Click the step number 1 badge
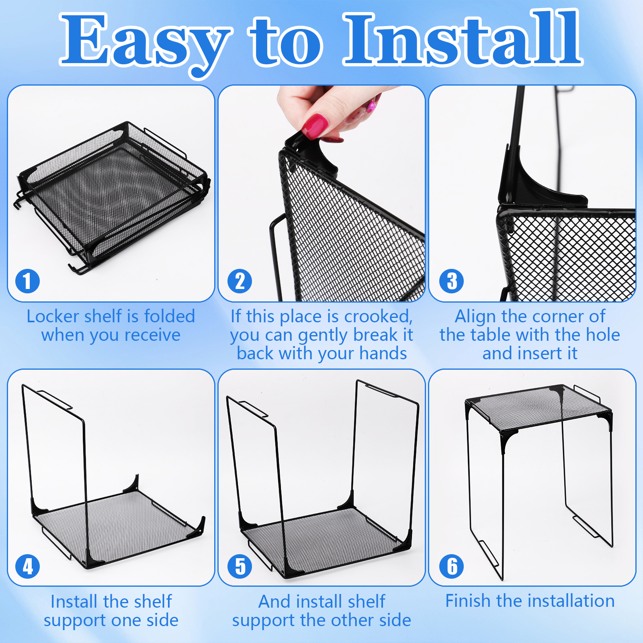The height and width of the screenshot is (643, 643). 27,281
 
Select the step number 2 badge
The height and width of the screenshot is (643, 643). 240,281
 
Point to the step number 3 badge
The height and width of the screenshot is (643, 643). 452,281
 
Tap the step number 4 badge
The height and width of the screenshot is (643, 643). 27,566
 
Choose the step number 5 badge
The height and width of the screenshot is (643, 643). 240,566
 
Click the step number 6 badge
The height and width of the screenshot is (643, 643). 452,566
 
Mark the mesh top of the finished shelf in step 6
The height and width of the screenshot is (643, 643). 539,408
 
